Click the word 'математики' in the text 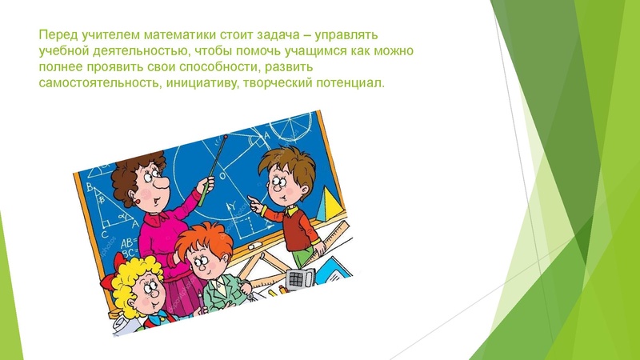tap(154, 37)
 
